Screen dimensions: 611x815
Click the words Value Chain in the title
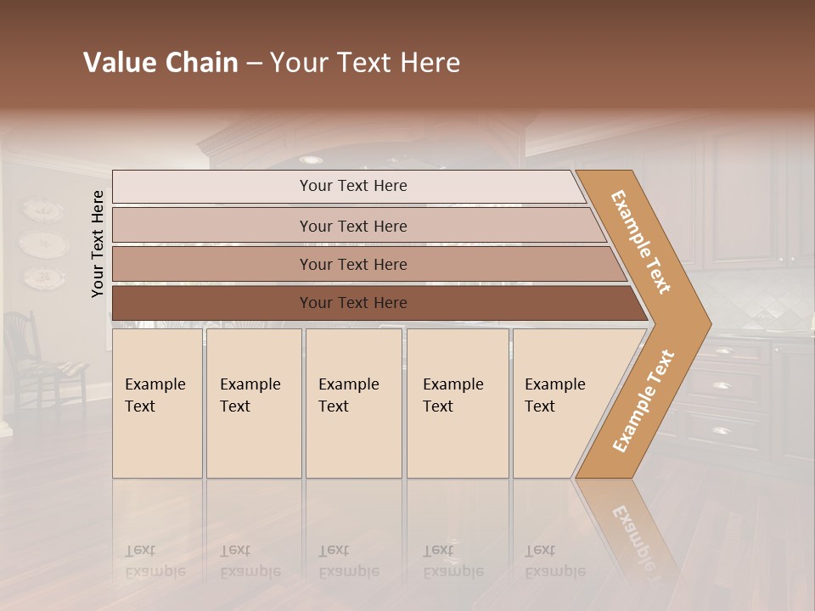click(x=160, y=63)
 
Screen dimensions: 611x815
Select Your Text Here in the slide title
click(x=365, y=63)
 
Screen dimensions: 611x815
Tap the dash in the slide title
click(x=254, y=64)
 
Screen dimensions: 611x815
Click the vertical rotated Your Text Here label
click(x=98, y=244)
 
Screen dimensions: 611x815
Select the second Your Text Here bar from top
click(x=353, y=226)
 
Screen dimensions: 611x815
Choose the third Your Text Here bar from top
click(x=353, y=265)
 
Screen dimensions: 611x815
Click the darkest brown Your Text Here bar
click(x=353, y=303)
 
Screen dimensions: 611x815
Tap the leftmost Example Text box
click(x=157, y=403)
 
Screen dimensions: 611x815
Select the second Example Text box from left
click(x=253, y=403)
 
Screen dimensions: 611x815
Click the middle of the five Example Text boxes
click(x=353, y=403)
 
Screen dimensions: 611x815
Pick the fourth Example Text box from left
click(x=457, y=403)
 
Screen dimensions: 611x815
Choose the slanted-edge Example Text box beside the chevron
click(x=560, y=403)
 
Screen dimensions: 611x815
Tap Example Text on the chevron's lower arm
click(x=643, y=401)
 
